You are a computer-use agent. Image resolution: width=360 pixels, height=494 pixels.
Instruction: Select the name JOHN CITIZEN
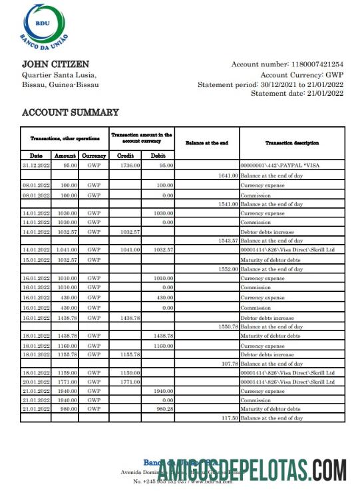pyautogui.click(x=55, y=64)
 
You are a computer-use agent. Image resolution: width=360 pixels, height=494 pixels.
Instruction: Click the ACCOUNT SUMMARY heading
pyautogui.click(x=71, y=112)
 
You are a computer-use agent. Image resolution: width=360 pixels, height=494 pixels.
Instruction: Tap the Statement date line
pyautogui.click(x=297, y=94)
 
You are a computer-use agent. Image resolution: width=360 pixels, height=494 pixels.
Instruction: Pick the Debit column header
pyautogui.click(x=158, y=156)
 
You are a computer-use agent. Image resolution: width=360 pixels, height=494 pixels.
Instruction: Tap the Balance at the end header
pyautogui.click(x=206, y=143)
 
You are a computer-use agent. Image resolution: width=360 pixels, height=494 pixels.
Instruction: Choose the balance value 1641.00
pyautogui.click(x=228, y=175)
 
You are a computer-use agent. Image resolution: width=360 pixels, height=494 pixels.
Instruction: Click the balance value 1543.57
pyautogui.click(x=228, y=240)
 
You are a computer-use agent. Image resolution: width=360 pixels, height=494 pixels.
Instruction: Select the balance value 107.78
pyautogui.click(x=229, y=364)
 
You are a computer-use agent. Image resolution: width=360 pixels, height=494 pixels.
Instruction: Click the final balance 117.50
pyautogui.click(x=229, y=418)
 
